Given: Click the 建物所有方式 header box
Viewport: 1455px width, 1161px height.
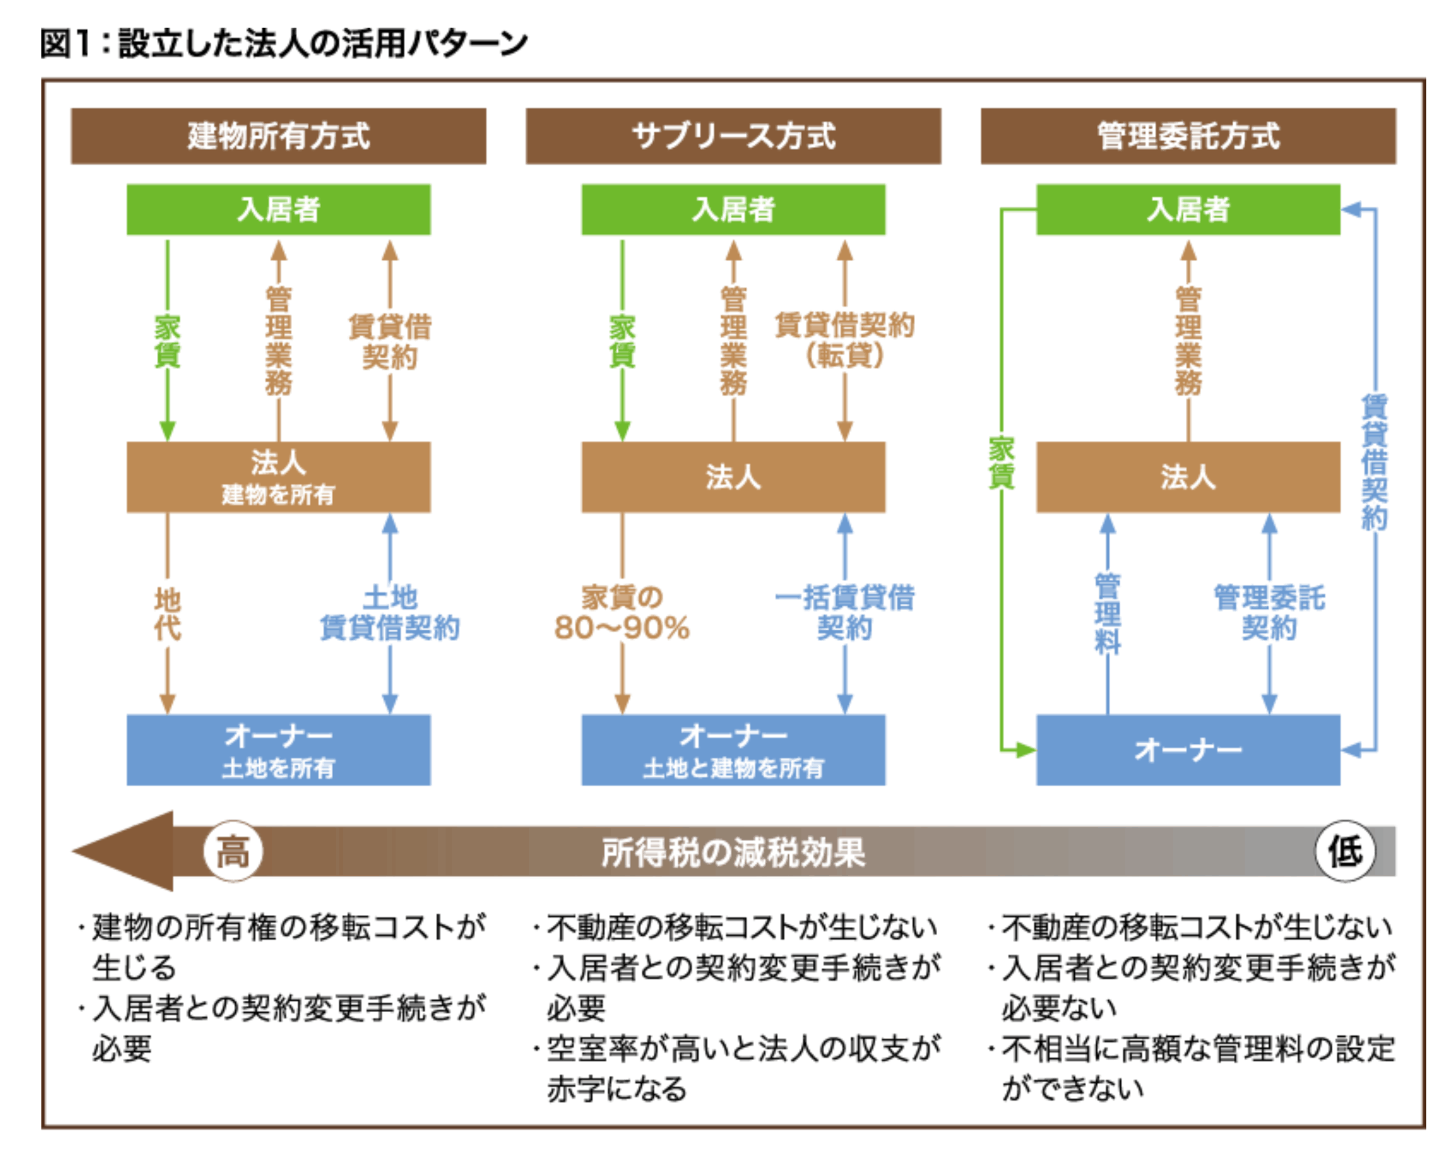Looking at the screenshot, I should click(x=278, y=136).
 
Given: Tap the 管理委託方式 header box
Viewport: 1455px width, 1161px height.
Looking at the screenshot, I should click(x=1188, y=136).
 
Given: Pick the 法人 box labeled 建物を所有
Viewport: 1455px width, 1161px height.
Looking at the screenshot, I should click(x=278, y=477).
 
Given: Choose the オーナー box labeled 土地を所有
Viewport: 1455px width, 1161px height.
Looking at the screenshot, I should click(x=278, y=750).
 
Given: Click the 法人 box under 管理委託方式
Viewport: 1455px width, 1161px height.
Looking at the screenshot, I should click(x=1188, y=477).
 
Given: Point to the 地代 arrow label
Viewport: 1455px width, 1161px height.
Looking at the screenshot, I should click(x=167, y=613).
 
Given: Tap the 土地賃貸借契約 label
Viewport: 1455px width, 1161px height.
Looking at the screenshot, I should click(x=389, y=613).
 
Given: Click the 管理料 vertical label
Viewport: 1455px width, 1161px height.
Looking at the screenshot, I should click(x=1107, y=613).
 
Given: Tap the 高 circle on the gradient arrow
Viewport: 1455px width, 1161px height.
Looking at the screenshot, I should click(x=233, y=851).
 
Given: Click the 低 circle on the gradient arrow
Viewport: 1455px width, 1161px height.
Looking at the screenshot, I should click(x=1344, y=851).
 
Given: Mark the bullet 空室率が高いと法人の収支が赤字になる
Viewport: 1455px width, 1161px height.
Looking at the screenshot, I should click(x=742, y=1068).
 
